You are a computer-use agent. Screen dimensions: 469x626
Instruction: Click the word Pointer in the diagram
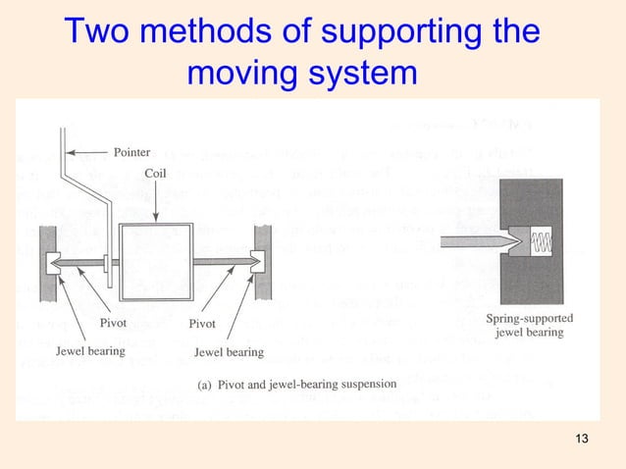click(x=131, y=152)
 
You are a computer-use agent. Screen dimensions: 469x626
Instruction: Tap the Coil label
click(x=156, y=173)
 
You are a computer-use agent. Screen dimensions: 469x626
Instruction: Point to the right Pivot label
click(x=202, y=323)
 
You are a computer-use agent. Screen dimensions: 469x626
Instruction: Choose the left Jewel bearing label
click(x=89, y=350)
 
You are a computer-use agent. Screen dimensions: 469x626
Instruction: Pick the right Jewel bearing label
click(x=229, y=351)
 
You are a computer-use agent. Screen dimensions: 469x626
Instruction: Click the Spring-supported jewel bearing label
click(x=530, y=325)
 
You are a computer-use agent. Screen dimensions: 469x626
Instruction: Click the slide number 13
click(x=583, y=437)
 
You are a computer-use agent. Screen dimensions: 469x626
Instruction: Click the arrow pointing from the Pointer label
click(x=93, y=152)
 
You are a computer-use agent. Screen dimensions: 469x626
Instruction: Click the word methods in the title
click(x=208, y=31)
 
